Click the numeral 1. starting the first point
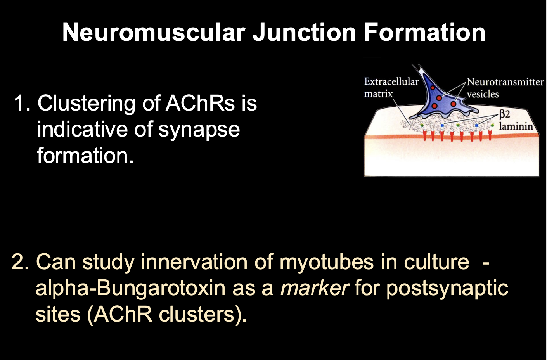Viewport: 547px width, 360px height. [x=22, y=104]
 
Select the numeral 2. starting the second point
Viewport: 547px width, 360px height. [x=20, y=262]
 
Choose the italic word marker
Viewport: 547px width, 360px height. [x=314, y=288]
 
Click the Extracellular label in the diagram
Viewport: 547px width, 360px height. [x=391, y=82]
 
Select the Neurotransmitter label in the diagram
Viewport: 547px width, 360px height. [x=505, y=82]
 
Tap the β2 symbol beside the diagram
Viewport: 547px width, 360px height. [x=504, y=114]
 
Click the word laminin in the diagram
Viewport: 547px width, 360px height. [x=516, y=126]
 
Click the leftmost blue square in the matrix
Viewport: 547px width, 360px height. [x=442, y=125]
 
